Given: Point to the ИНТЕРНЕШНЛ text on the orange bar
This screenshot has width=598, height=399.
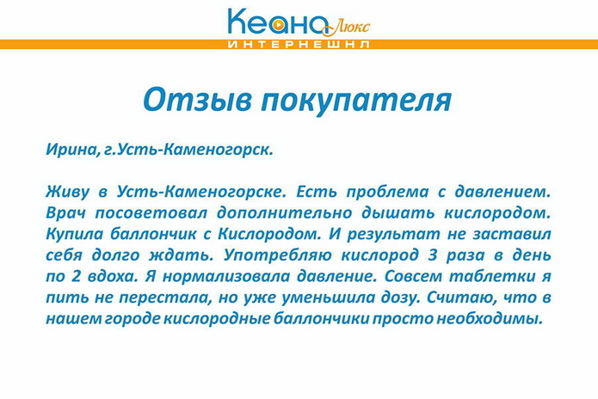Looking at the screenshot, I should [x=299, y=43].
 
